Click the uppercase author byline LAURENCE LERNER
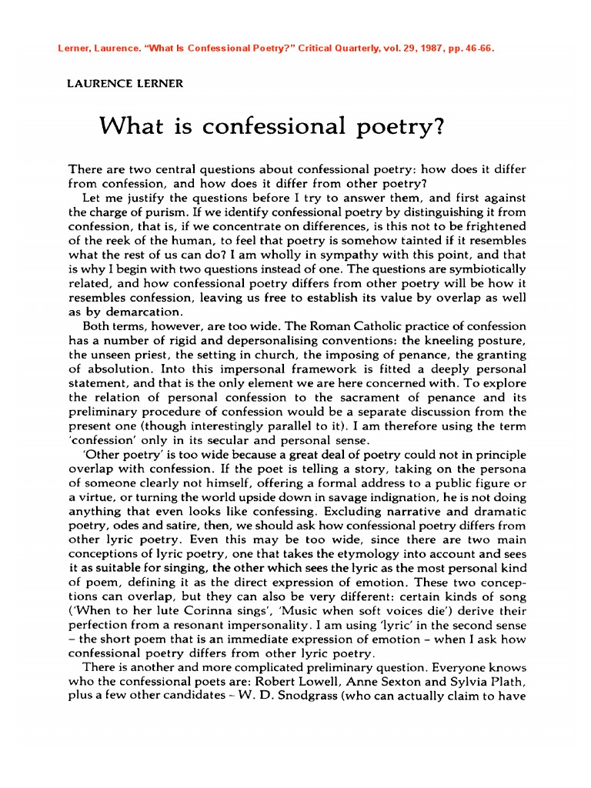tap(126, 84)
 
